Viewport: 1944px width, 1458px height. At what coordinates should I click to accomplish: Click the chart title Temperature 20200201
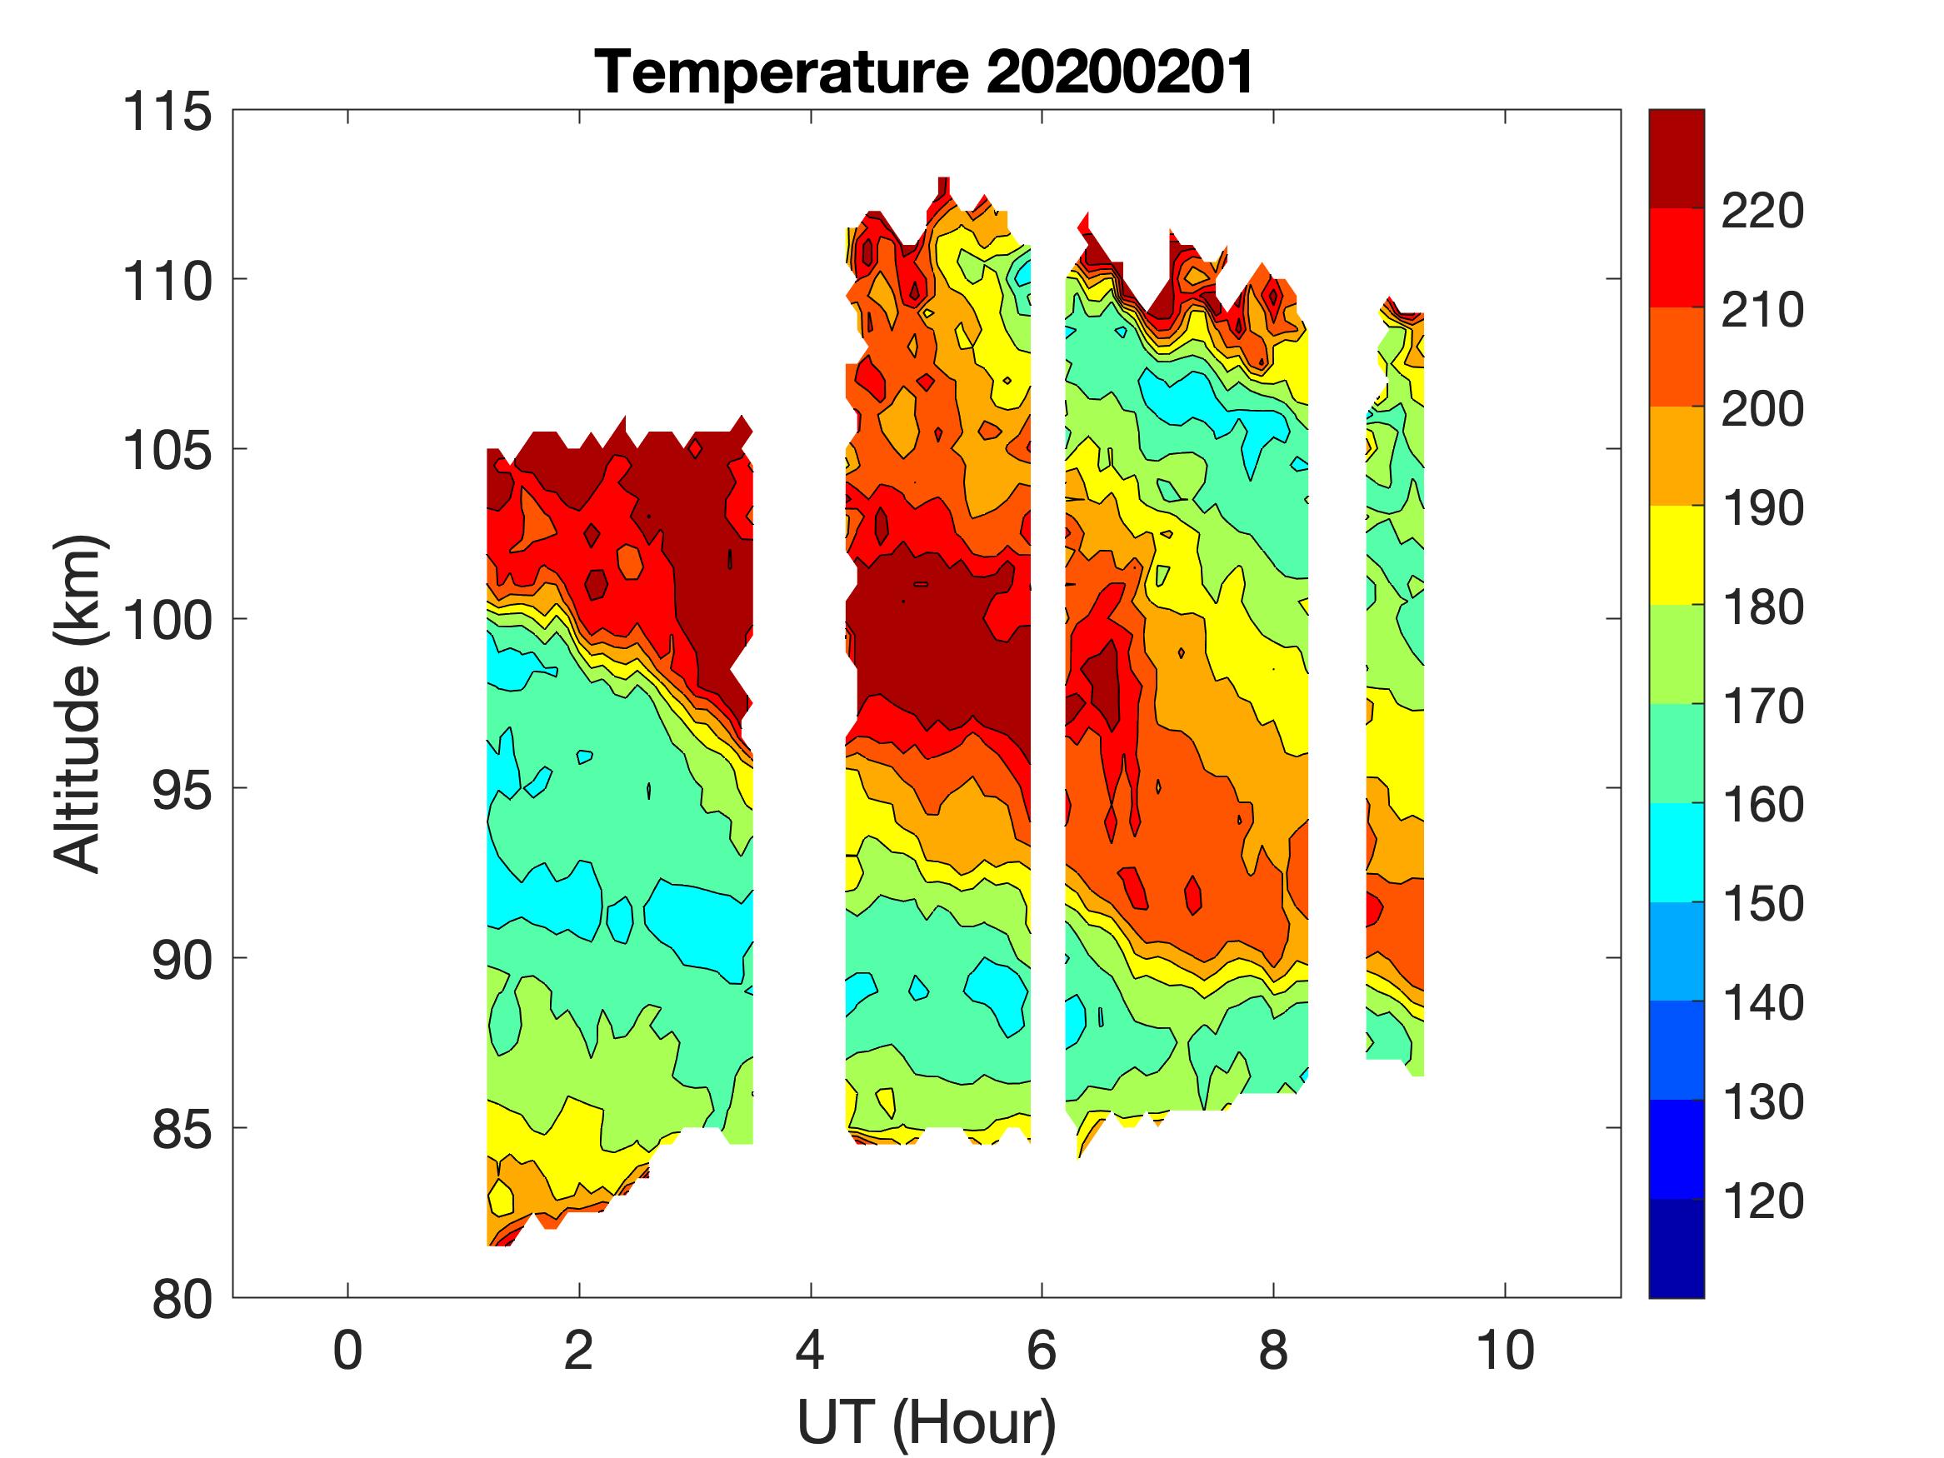tap(926, 72)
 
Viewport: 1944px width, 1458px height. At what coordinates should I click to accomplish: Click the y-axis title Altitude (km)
tap(78, 704)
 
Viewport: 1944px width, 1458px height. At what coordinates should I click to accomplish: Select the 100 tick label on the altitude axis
tap(167, 621)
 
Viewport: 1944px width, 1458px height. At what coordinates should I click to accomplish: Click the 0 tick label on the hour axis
tap(348, 1351)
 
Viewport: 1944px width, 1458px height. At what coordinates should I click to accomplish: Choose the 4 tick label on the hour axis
tap(810, 1351)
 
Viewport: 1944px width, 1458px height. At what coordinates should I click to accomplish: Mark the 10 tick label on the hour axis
tap(1506, 1351)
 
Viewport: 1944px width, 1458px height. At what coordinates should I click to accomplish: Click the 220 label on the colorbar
tap(1762, 211)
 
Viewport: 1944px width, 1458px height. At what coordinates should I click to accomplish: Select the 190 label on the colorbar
tap(1762, 508)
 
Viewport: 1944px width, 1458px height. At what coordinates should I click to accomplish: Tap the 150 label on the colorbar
tap(1762, 903)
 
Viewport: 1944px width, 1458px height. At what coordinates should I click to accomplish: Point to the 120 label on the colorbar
tap(1762, 1201)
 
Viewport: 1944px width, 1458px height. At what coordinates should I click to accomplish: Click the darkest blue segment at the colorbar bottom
tap(1676, 1248)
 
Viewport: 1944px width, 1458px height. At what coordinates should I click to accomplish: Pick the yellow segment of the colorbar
tap(1676, 556)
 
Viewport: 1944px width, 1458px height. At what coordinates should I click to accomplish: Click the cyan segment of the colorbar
tap(1676, 852)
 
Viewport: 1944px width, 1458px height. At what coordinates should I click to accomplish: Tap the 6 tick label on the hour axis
tap(1042, 1351)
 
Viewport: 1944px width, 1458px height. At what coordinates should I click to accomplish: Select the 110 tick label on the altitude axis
tap(167, 282)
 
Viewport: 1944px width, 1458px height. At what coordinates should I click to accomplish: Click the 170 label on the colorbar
tap(1762, 706)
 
